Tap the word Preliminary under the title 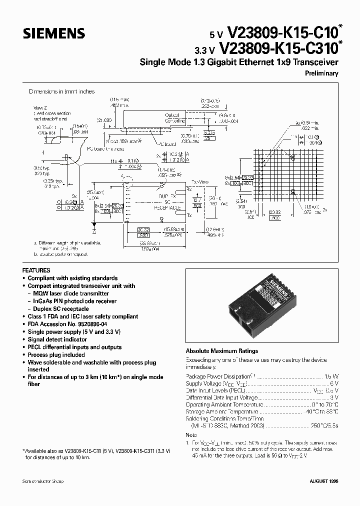tap(321, 73)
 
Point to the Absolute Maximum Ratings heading tap(222, 351)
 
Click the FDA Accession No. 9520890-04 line tap(66, 324)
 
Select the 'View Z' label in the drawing tap(39, 108)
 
